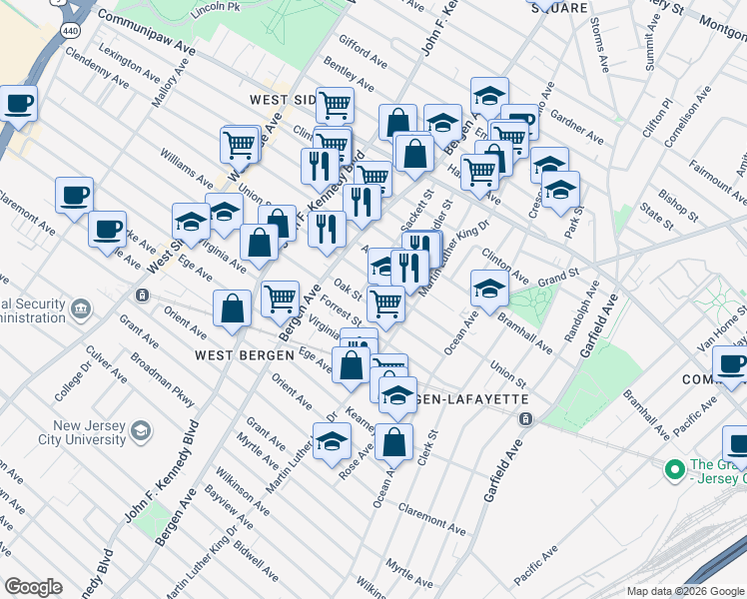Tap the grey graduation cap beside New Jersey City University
coord(141,431)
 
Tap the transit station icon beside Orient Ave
coord(143,296)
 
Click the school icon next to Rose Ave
coord(332,443)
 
